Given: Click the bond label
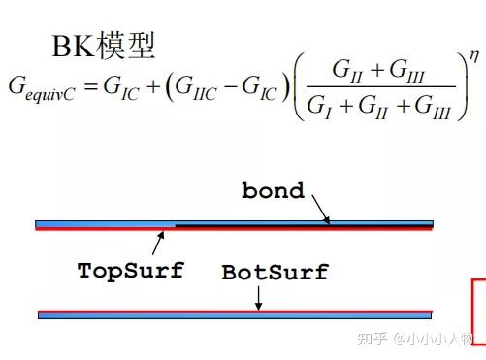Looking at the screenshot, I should tap(273, 191).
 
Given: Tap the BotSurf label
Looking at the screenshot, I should tap(275, 273).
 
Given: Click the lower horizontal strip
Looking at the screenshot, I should tap(234, 314).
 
